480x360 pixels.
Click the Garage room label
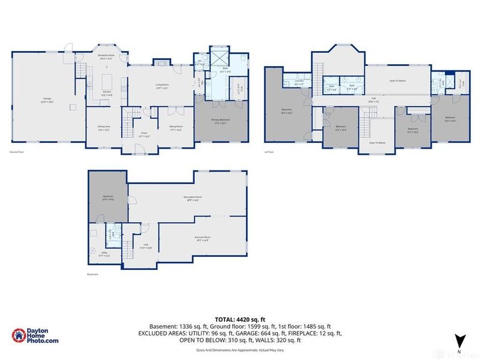click(47, 98)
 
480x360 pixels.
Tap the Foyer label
click(144, 135)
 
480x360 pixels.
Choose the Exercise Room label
click(203, 238)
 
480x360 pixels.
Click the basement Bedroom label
click(107, 197)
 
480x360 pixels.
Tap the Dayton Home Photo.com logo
click(35, 337)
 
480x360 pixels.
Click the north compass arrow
click(459, 340)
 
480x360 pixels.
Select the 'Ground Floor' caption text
click(17, 152)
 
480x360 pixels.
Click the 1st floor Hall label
click(373, 100)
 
